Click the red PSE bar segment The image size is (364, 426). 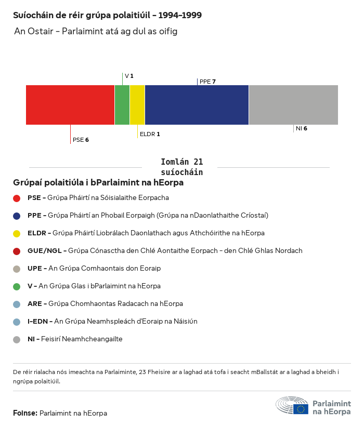pos(70,105)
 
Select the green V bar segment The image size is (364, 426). pos(122,105)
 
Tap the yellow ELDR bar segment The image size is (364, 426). pos(137,105)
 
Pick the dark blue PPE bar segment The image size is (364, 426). pos(197,105)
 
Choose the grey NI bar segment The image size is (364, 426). pos(293,105)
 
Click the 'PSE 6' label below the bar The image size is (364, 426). pos(81,140)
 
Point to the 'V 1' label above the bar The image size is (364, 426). pos(129,76)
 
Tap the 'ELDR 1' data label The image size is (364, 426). pos(150,134)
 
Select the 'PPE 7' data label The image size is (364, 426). pos(207,82)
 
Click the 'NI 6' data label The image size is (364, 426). pos(301,128)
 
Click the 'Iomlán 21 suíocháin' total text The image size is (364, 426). pos(182,167)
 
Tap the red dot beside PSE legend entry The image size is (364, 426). pos(17,198)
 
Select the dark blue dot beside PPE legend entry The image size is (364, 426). pos(17,216)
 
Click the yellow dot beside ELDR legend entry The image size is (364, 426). pos(17,233)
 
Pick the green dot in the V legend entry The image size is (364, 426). pos(17,286)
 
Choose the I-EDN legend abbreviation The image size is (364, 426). pos(40,322)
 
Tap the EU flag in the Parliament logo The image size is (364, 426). pos(301,409)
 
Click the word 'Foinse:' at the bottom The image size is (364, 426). pos(25,413)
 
